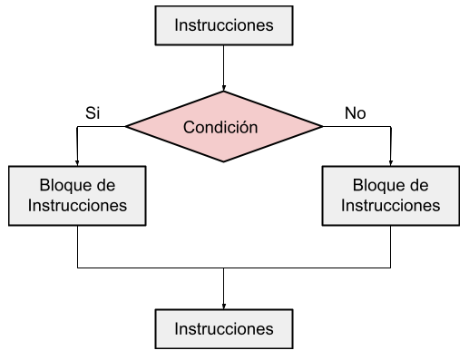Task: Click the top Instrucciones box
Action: tap(223, 24)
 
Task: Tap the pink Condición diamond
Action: tap(223, 127)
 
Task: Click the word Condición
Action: tap(220, 127)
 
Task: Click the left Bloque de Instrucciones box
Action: tap(78, 195)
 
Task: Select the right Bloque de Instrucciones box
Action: tap(390, 195)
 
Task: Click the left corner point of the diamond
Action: tap(126, 127)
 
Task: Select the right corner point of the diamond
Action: tap(321, 127)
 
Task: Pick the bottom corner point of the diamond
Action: tap(223, 163)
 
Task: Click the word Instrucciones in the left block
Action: tap(78, 205)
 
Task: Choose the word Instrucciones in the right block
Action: tap(390, 205)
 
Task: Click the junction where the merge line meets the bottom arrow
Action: tap(223, 268)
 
